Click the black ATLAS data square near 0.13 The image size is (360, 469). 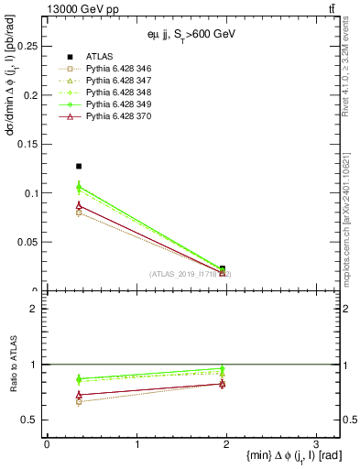(79, 167)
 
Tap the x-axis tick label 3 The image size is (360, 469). (315, 444)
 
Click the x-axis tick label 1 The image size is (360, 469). (136, 444)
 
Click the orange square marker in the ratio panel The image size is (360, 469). (79, 401)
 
